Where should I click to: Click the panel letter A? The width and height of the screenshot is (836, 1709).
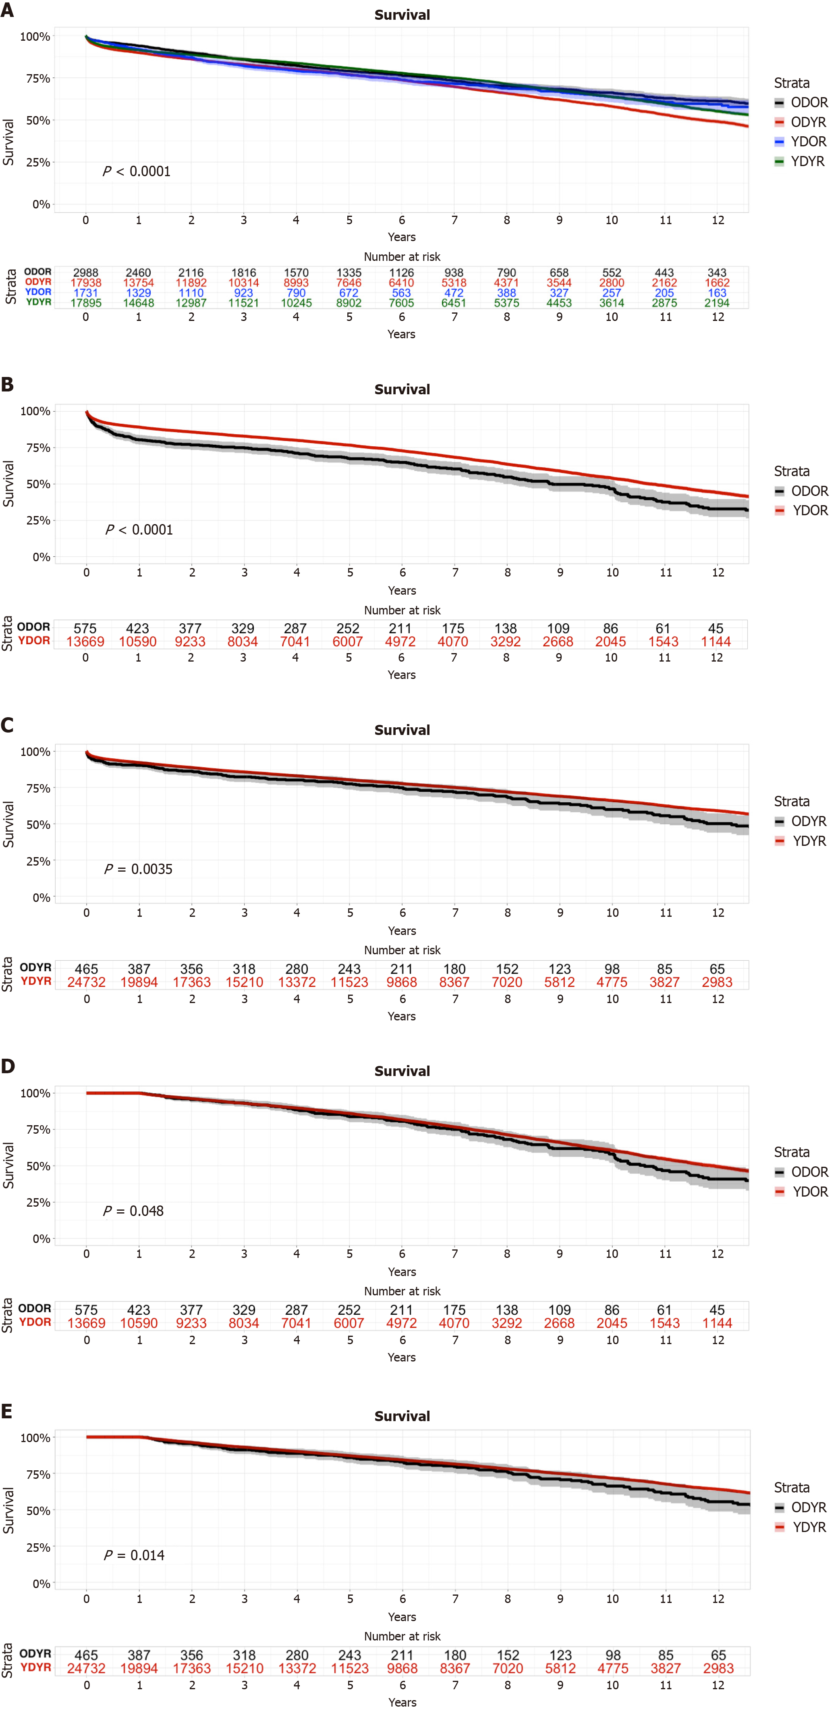point(7,10)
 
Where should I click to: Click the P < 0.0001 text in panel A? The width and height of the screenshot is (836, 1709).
point(137,171)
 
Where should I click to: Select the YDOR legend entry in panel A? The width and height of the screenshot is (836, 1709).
point(801,142)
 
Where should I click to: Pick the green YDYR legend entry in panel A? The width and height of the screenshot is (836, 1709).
point(801,161)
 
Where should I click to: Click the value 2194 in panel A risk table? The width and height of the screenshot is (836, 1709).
point(717,302)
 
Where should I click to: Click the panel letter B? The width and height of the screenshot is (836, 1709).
point(7,384)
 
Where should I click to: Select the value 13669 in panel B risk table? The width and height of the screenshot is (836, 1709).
point(85,641)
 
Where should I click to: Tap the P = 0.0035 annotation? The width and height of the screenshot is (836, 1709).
point(138,869)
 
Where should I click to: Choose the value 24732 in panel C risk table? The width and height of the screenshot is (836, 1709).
point(86,982)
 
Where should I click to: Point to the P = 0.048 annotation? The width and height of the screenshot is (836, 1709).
point(133,1211)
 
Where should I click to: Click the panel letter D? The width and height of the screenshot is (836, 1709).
point(7,1066)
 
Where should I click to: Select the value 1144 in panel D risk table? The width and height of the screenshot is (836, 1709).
point(717,1323)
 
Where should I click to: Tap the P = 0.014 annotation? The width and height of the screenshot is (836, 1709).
point(134,1555)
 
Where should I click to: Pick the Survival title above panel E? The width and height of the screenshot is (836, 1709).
point(402,1416)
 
